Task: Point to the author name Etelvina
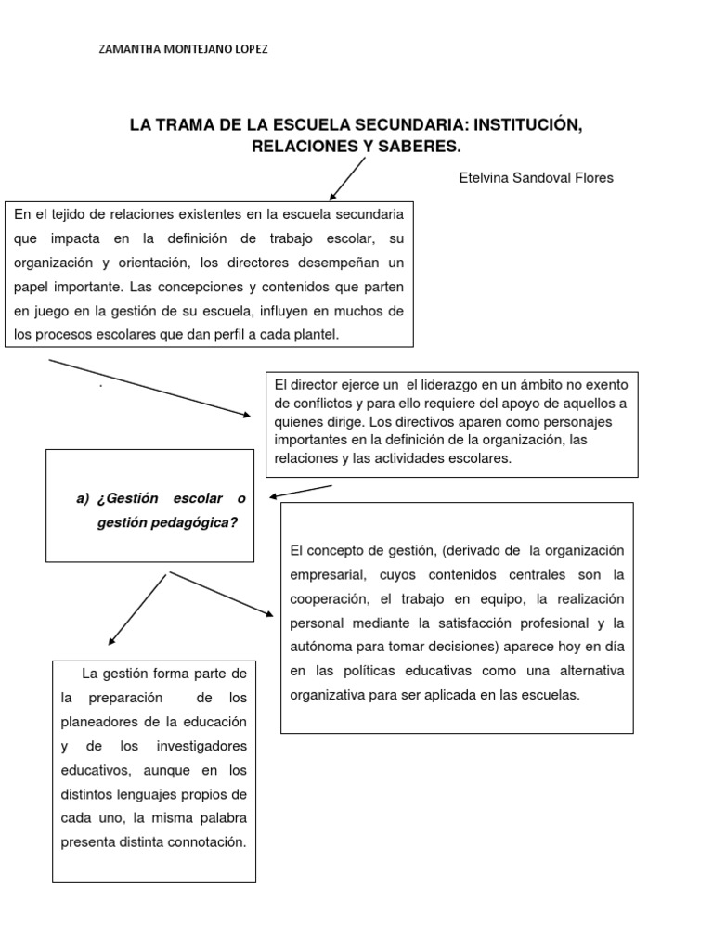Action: click(487, 178)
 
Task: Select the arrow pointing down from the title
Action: click(347, 178)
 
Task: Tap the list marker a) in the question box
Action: click(83, 498)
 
